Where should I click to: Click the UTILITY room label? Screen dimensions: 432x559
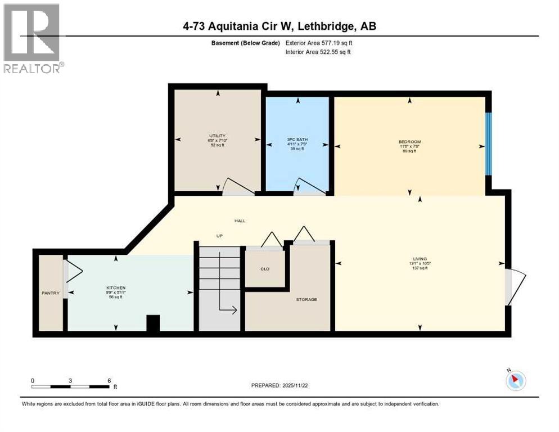click(217, 136)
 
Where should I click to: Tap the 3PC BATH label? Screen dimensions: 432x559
click(296, 139)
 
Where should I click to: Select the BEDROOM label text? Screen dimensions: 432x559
click(409, 142)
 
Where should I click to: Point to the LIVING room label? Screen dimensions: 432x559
click(419, 259)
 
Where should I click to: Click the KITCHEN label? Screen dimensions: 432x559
click(115, 287)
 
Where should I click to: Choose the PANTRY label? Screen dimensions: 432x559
click(50, 292)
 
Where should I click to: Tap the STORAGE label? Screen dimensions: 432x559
click(306, 299)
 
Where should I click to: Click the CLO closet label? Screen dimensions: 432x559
click(264, 269)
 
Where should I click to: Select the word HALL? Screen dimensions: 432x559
click(240, 221)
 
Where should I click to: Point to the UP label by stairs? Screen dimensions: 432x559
click(220, 236)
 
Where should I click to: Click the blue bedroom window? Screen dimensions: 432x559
click(488, 143)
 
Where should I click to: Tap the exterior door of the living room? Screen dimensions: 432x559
click(514, 287)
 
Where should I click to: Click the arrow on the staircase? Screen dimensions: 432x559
click(228, 308)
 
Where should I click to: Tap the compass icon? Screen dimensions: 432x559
click(515, 380)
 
